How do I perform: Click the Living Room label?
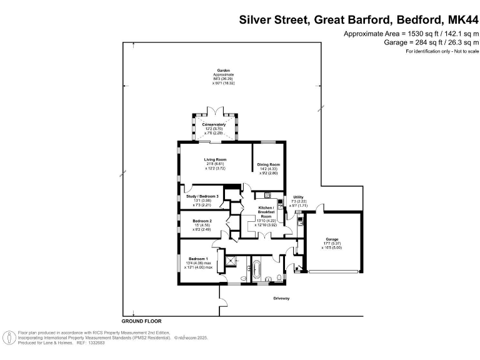coord(214,159)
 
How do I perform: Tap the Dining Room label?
coord(267,164)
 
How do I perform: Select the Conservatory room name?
coord(214,124)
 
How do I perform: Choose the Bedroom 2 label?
coord(201,221)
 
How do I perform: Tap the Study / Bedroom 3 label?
coord(202,196)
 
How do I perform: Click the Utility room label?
coord(298,197)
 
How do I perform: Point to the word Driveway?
coord(281,298)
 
